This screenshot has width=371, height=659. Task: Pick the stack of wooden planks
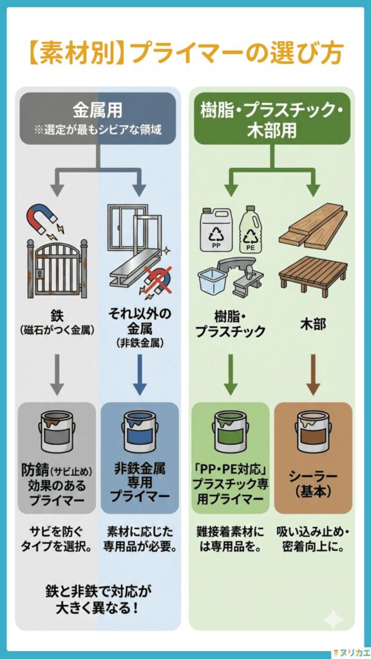point(312,228)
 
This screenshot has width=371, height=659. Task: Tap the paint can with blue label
point(140,432)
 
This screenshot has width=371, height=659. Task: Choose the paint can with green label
point(230,432)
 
